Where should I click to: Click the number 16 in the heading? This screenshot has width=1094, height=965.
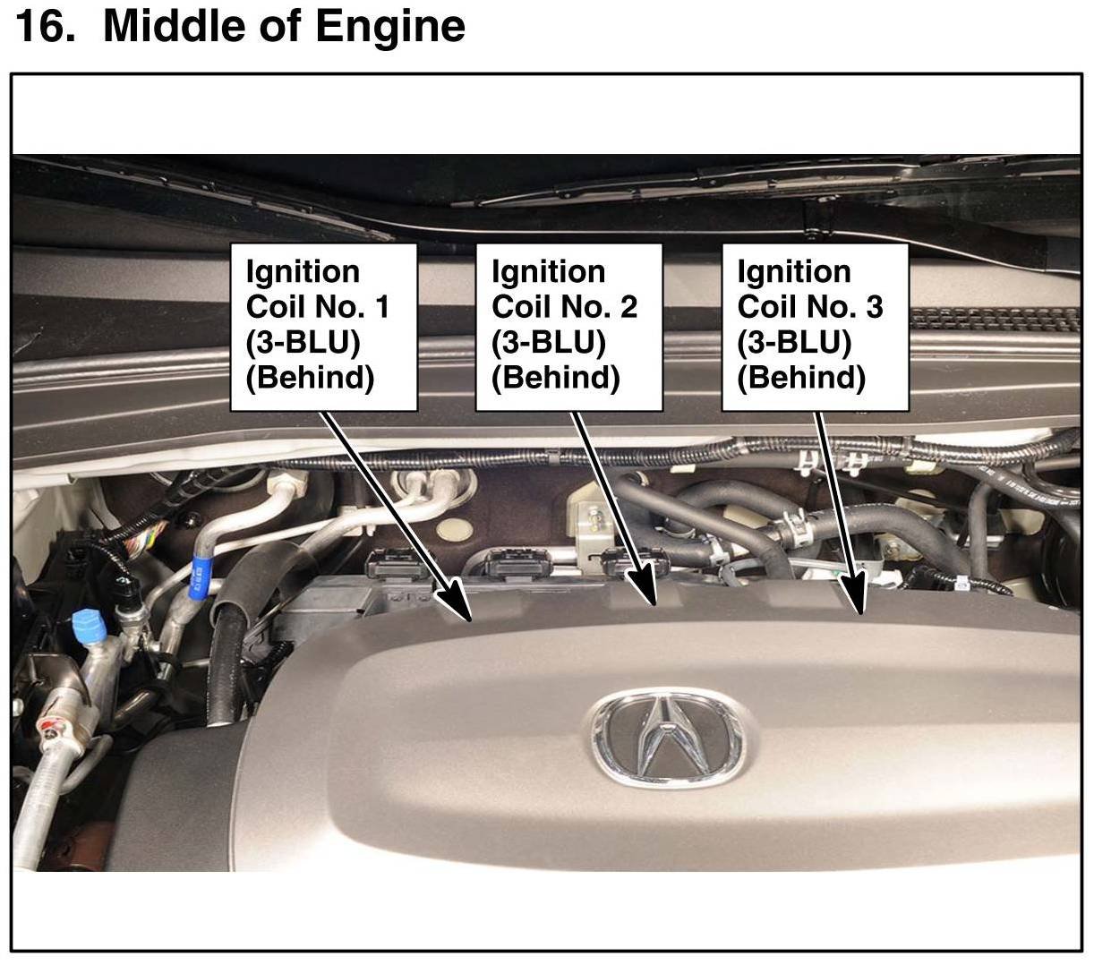[x=45, y=27]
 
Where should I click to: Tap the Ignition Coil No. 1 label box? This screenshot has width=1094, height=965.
[x=323, y=328]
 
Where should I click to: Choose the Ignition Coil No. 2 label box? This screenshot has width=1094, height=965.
[x=568, y=328]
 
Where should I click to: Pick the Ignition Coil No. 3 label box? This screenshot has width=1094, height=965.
[x=815, y=328]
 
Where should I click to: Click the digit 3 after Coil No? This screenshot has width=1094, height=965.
[x=875, y=307]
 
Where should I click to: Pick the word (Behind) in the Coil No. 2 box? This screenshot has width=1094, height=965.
[x=556, y=378]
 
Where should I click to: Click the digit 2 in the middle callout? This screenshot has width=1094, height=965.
[x=628, y=307]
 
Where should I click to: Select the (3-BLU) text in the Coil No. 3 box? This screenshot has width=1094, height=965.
[x=794, y=342]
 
